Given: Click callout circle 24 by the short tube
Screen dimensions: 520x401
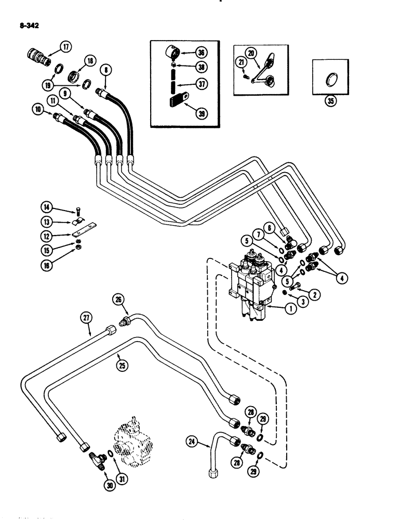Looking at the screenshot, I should pyautogui.click(x=193, y=443).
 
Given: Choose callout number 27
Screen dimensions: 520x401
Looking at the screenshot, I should pyautogui.click(x=86, y=316).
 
